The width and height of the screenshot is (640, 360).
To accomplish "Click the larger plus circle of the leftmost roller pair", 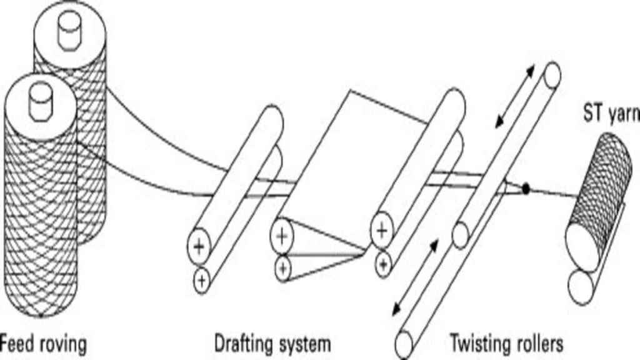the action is pos(199,246).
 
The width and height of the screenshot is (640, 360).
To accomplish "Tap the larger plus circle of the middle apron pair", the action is pos(282,236).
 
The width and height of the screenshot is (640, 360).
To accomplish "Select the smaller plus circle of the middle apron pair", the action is pos(283,269).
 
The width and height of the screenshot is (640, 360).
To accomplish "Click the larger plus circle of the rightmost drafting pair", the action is pos(382,231).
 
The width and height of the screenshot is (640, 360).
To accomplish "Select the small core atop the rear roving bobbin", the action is pos(69,29).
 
